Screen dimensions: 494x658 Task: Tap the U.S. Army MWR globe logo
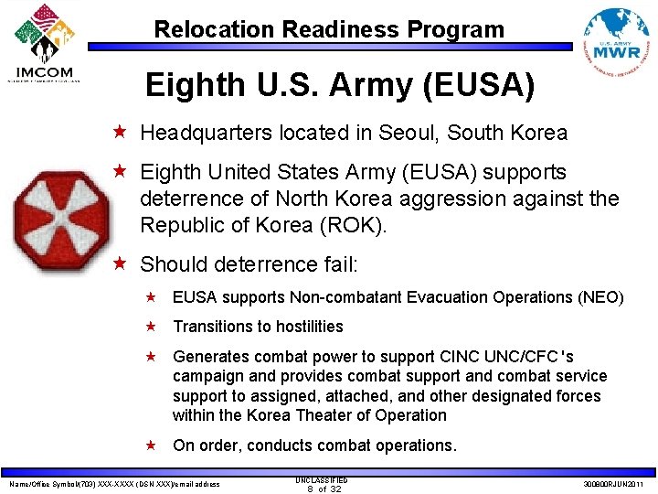(x=616, y=40)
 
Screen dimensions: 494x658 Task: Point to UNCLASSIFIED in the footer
(x=322, y=479)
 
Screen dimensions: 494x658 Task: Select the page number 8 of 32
(x=323, y=489)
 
